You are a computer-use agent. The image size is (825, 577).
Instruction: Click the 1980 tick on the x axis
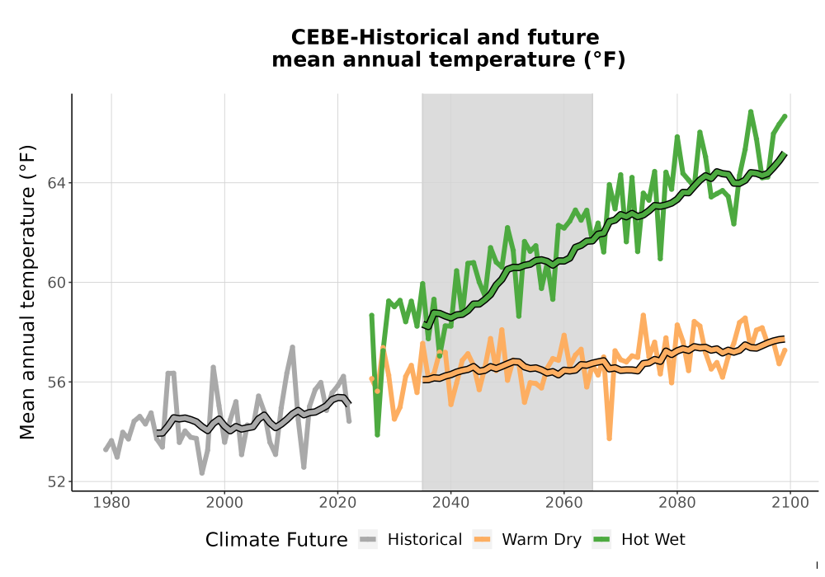(x=111, y=503)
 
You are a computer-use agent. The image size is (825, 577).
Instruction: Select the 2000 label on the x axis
(x=224, y=503)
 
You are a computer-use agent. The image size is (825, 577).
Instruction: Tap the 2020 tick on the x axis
(x=337, y=503)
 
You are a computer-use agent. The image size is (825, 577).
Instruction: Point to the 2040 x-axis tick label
(x=451, y=503)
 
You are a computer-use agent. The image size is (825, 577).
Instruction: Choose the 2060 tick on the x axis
(x=564, y=503)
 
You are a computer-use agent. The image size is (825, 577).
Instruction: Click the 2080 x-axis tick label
(x=677, y=503)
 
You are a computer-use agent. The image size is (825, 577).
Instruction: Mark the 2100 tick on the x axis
(x=790, y=503)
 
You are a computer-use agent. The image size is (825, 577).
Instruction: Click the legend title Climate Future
(x=276, y=540)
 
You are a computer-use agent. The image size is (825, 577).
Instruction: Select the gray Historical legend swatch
(x=368, y=540)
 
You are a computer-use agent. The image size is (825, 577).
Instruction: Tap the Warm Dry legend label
(x=541, y=540)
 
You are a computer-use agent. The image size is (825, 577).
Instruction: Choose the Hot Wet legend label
(x=653, y=540)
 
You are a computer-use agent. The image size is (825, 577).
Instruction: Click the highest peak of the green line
(x=751, y=111)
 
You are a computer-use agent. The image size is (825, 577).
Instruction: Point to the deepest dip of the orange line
(x=610, y=439)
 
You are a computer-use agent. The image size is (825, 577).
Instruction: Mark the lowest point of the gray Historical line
(x=202, y=473)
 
